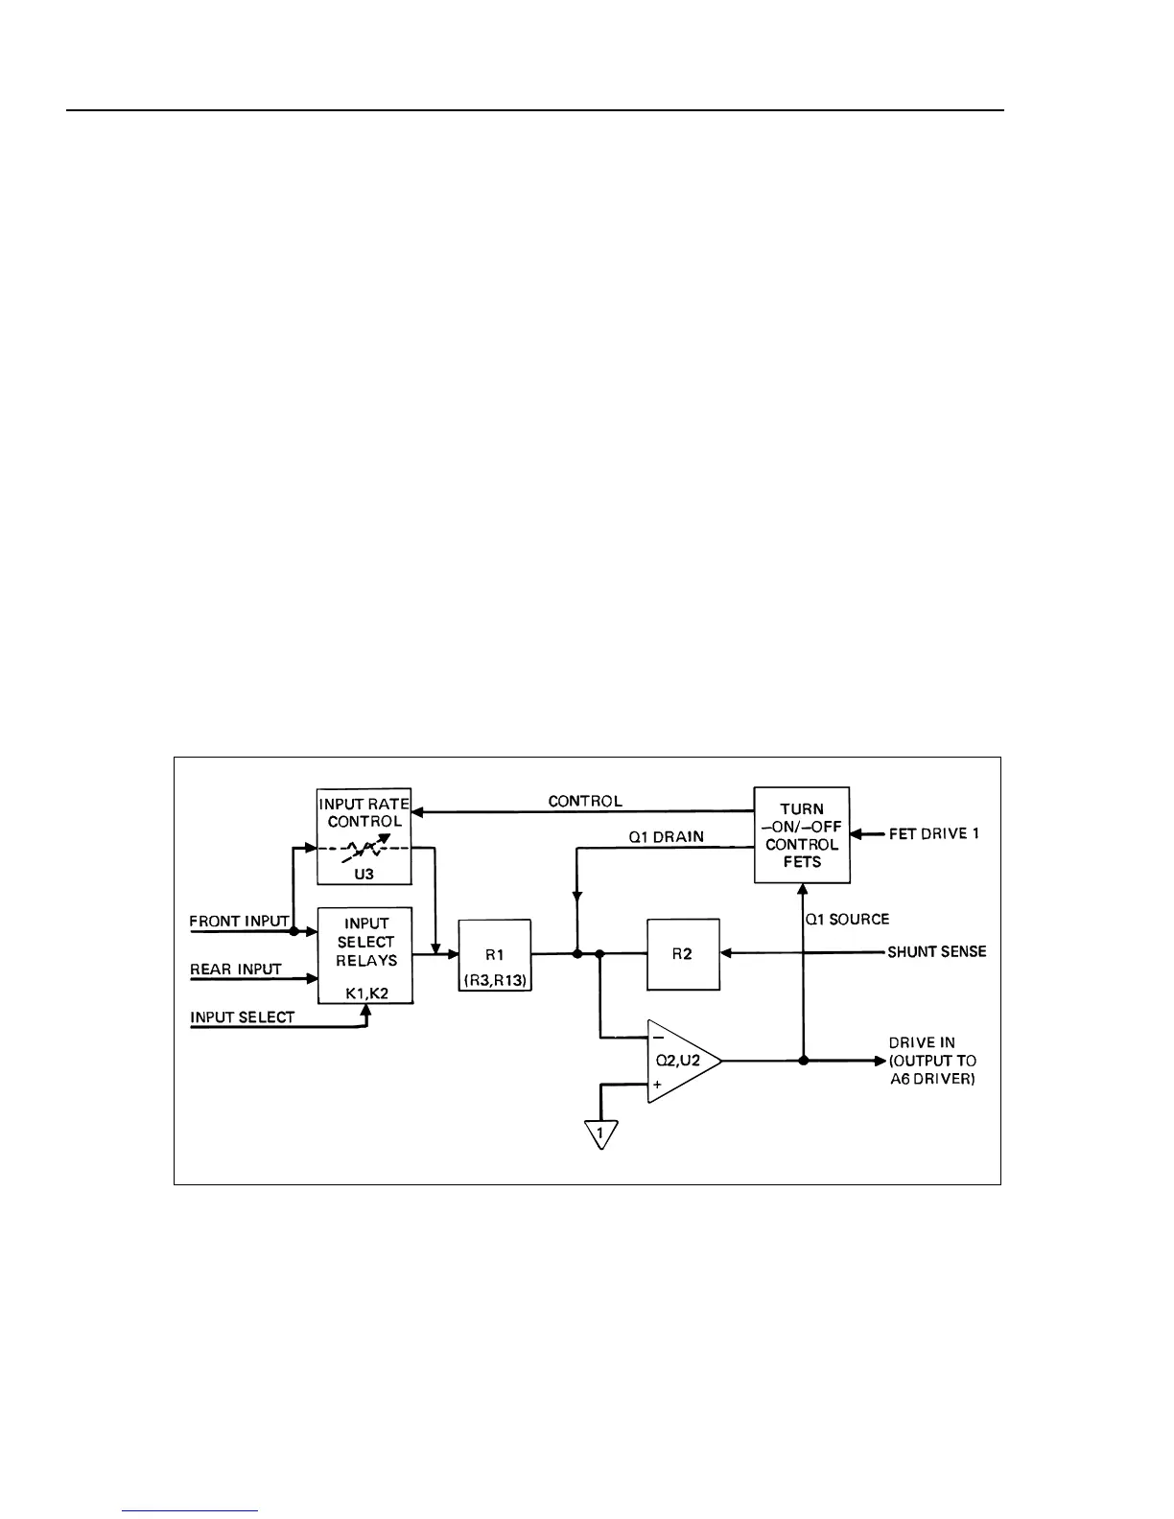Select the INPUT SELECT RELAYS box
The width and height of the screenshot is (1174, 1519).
tap(365, 955)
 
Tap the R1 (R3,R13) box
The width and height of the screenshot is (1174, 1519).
tap(495, 954)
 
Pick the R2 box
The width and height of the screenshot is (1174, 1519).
tap(683, 954)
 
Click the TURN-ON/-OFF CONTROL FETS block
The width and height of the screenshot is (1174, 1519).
tap(802, 835)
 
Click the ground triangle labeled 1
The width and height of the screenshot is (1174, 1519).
tap(600, 1133)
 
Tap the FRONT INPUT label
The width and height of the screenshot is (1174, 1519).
tap(239, 922)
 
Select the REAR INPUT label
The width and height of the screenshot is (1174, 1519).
tap(236, 970)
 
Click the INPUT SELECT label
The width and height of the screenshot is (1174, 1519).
tap(243, 1017)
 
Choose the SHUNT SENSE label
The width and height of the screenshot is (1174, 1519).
tap(936, 952)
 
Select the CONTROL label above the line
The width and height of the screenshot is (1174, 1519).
tap(585, 801)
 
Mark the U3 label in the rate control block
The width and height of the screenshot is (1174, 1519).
tap(364, 874)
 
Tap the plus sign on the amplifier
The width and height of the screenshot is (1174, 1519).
tap(658, 1085)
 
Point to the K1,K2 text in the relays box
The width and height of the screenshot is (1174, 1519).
tap(365, 994)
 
